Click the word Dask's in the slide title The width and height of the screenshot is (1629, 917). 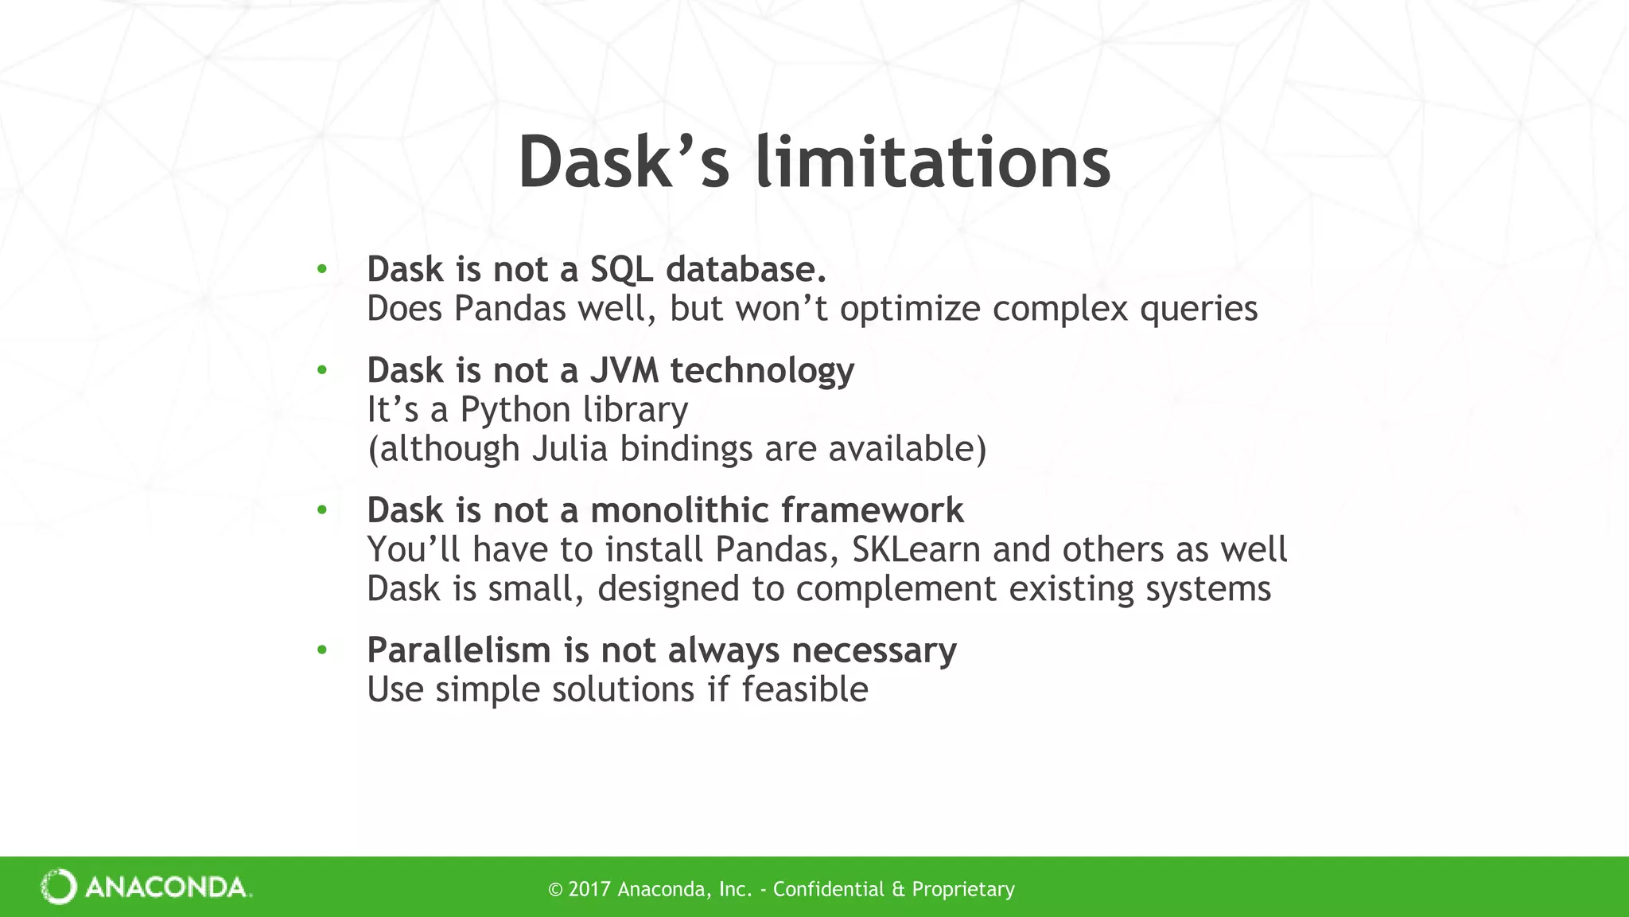pos(624,163)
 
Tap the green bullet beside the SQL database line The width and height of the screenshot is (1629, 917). pos(321,269)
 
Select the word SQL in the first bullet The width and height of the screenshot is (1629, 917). pos(621,270)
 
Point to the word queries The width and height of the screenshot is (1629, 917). pos(1199,310)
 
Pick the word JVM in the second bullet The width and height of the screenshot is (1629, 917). pos(624,371)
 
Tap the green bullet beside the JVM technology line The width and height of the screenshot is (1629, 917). pos(321,370)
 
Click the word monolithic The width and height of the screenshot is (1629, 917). pos(680,510)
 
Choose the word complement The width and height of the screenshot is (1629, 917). pos(896,590)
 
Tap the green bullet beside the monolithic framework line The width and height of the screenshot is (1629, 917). pos(321,509)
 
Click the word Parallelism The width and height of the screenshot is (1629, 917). pos(459,650)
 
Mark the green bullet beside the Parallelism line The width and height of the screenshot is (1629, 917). pos(321,650)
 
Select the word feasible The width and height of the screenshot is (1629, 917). pos(804,689)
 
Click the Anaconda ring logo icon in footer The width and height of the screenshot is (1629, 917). pos(59,887)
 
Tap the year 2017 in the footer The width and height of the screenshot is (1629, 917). pos(589,889)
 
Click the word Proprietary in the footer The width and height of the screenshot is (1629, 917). pos(962,889)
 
